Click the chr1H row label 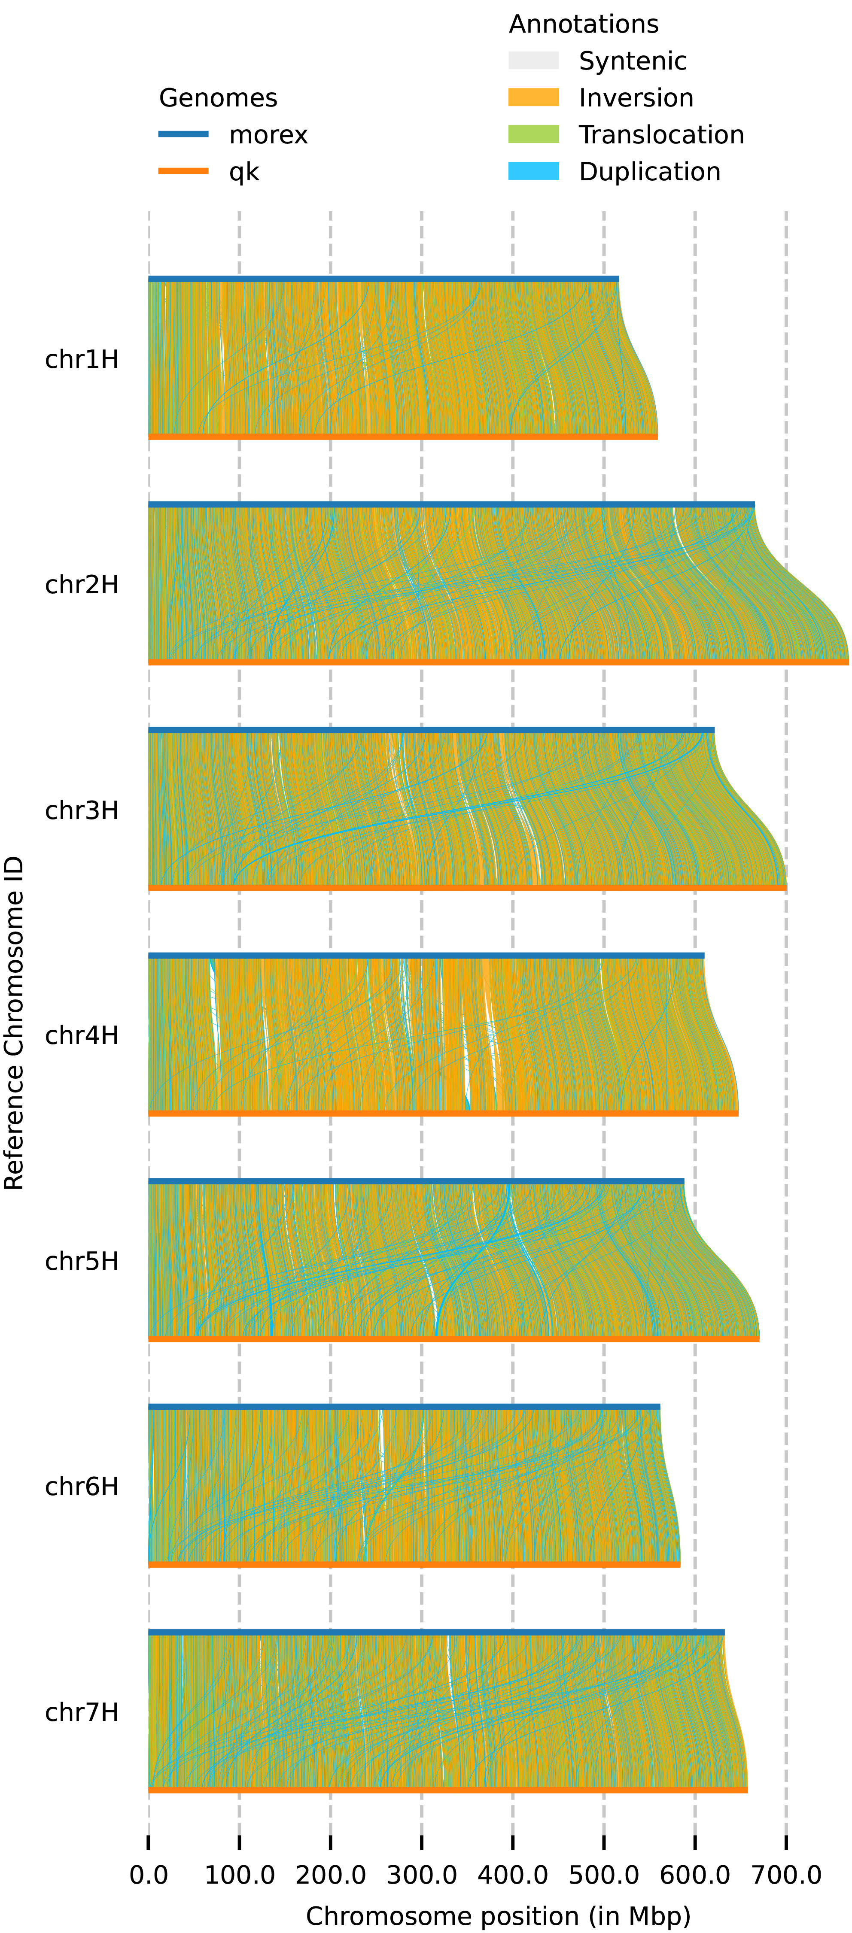[x=82, y=359]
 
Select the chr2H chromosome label [x=82, y=585]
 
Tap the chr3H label [x=82, y=810]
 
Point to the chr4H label [x=82, y=1035]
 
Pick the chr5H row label [x=82, y=1261]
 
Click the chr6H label [x=82, y=1487]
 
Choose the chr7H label [x=82, y=1712]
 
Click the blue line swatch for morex [x=183, y=134]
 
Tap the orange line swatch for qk [x=183, y=171]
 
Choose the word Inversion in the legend [x=636, y=97]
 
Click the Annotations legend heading [x=583, y=24]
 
